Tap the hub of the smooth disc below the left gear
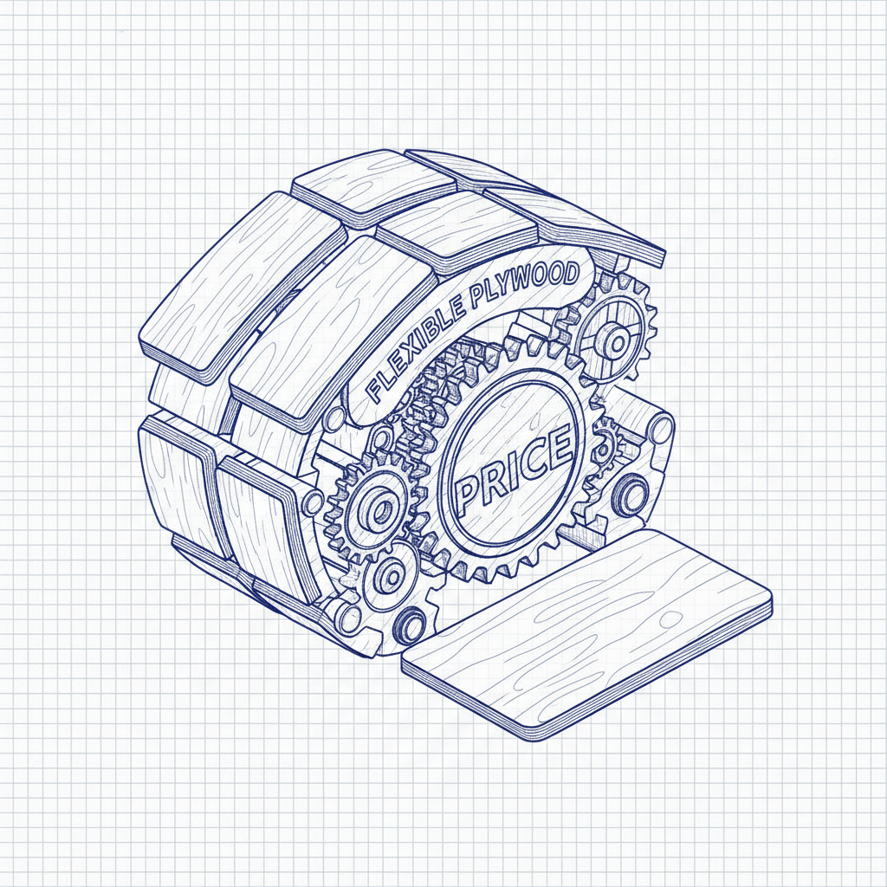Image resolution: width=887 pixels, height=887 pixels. point(391,576)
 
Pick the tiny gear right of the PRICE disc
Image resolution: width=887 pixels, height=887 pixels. point(604,447)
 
